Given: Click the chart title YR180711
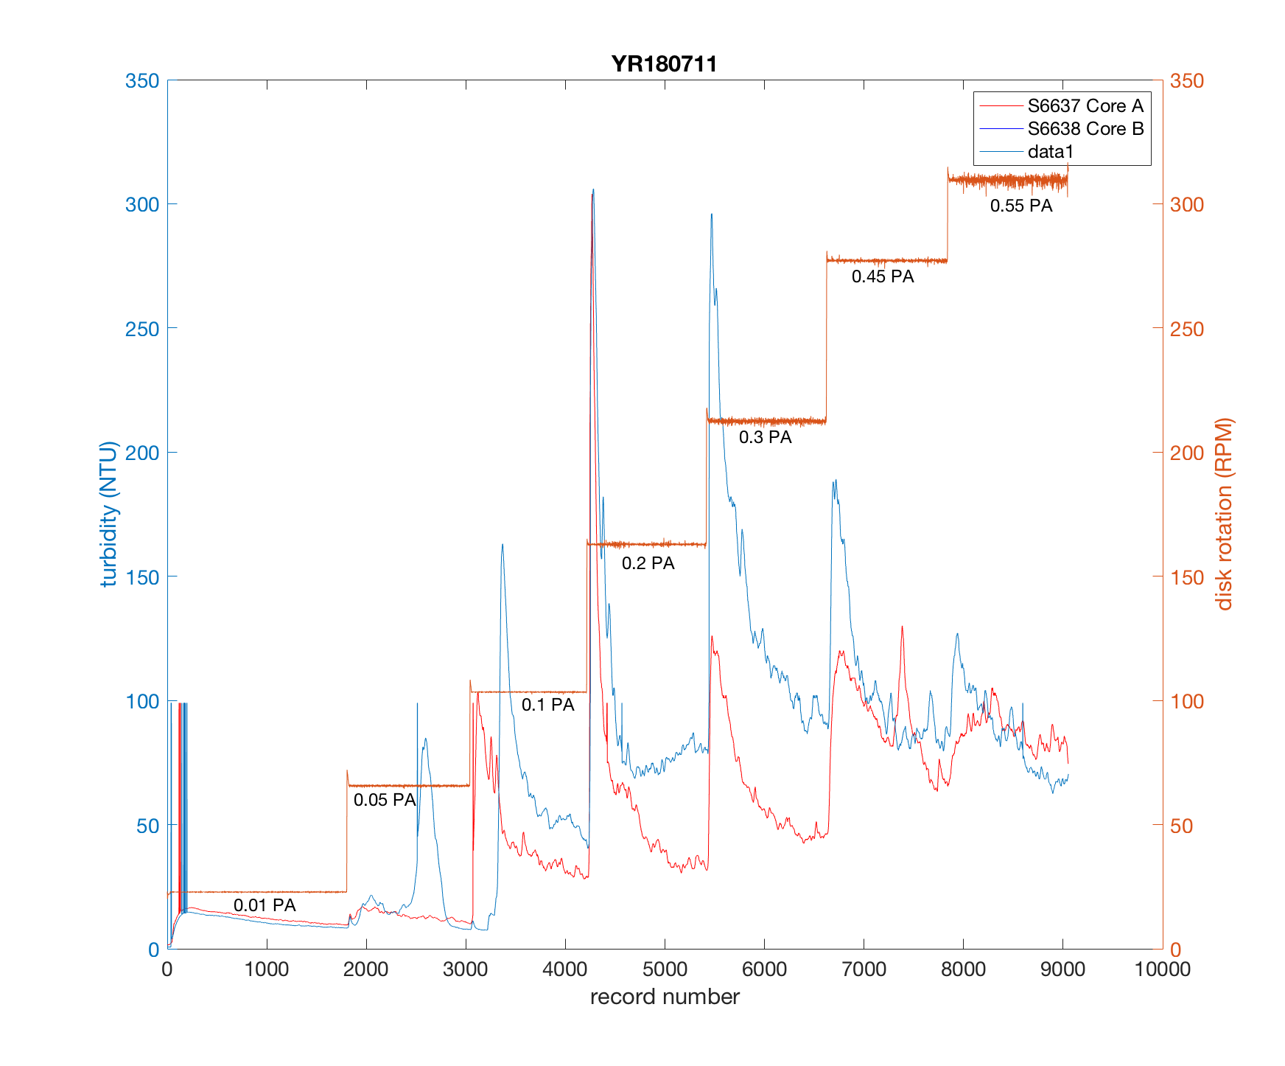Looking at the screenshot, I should pos(664,64).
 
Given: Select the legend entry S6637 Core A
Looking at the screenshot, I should pos(1085,106).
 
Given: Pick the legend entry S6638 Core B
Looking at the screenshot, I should pos(1085,129).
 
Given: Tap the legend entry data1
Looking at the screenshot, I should pos(1051,152).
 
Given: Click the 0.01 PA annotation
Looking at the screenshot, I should pos(265,905).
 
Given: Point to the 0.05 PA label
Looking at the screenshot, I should pos(385,800).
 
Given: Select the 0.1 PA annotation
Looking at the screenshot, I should pos(547,705).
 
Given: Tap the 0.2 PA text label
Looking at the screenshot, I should pos(648,563).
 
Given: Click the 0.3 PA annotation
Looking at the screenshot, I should pos(765,437).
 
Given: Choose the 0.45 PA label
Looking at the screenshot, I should pos(883,276).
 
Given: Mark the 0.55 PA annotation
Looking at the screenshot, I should pos(1020,206).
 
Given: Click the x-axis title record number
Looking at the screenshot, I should pos(665,997).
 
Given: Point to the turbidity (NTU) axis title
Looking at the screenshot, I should pos(109,515).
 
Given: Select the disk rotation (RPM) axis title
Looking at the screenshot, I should pos(1224,515).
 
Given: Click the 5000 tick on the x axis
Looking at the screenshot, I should pos(665,969).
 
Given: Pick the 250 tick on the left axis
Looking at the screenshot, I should pos(142,329).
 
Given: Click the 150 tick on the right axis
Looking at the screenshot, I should pos(1186,577).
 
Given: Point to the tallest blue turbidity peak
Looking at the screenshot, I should pos(593,190).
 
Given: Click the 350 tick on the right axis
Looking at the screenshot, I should pos(1186,80).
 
